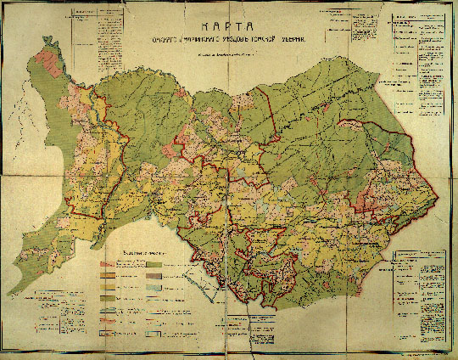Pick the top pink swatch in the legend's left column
[x=109, y=265]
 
